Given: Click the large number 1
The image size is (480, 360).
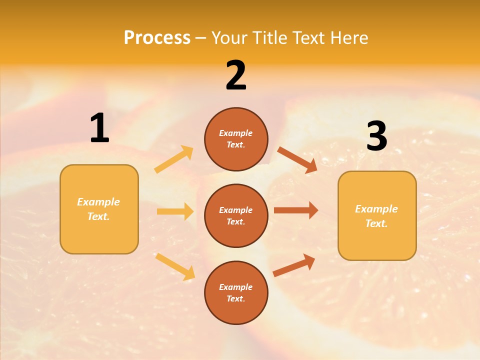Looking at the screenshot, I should [99, 128].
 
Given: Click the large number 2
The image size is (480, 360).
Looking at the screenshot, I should [236, 76].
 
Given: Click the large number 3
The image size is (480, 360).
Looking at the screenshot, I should [376, 136].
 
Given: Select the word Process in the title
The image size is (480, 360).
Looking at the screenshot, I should [157, 37].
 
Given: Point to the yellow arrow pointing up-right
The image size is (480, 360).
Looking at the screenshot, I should [174, 159].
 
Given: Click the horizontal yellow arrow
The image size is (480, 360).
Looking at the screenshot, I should [175, 211].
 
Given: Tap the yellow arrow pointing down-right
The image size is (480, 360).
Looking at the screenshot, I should [175, 266].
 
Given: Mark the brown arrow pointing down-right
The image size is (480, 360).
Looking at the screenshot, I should [297, 160].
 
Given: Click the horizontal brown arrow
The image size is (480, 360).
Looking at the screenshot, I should [296, 210].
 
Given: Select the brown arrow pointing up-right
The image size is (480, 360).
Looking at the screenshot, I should [294, 265].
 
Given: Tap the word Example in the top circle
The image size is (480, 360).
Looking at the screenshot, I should [235, 133].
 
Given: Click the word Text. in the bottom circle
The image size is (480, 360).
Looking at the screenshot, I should [235, 298].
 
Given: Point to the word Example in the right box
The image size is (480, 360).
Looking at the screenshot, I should [376, 209].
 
